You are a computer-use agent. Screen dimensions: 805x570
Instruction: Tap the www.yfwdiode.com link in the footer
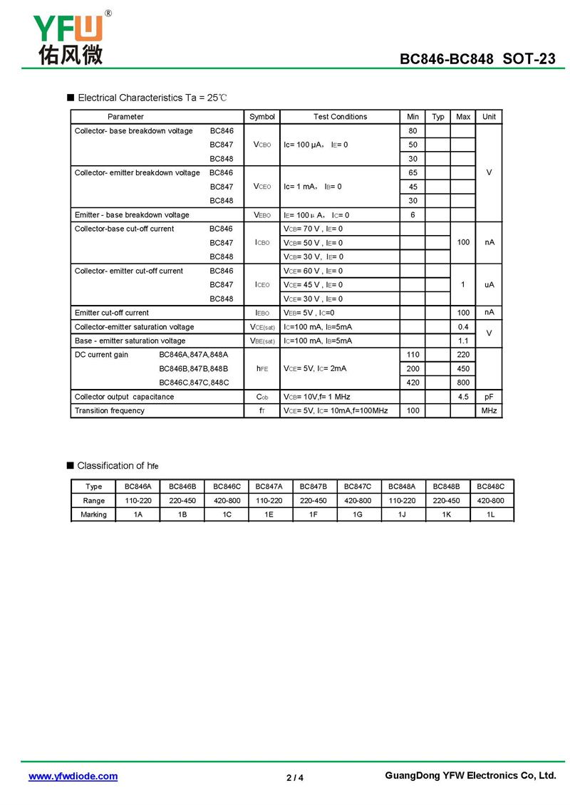click(73, 776)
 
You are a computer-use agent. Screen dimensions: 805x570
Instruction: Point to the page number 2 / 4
click(294, 777)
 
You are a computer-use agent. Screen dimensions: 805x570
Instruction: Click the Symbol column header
click(262, 117)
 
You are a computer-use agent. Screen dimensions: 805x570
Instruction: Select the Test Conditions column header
click(340, 117)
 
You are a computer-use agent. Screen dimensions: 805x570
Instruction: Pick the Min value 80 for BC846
click(413, 131)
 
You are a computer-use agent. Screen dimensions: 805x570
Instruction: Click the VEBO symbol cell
click(262, 215)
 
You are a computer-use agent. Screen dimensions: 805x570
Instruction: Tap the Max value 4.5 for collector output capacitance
click(463, 397)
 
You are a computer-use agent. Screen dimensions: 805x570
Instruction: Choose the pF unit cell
click(489, 397)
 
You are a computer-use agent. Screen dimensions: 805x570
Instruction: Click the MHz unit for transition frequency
click(489, 411)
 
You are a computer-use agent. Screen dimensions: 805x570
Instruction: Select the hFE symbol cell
click(262, 369)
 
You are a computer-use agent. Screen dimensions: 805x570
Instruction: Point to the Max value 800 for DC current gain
click(463, 383)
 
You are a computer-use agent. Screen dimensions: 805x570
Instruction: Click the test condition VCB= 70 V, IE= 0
click(313, 229)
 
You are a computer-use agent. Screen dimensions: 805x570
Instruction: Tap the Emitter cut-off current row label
click(112, 313)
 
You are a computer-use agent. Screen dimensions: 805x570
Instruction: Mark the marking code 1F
click(313, 514)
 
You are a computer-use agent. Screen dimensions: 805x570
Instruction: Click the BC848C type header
click(491, 487)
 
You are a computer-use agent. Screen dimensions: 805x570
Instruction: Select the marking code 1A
click(138, 514)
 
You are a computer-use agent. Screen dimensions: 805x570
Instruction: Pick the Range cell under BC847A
click(269, 501)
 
